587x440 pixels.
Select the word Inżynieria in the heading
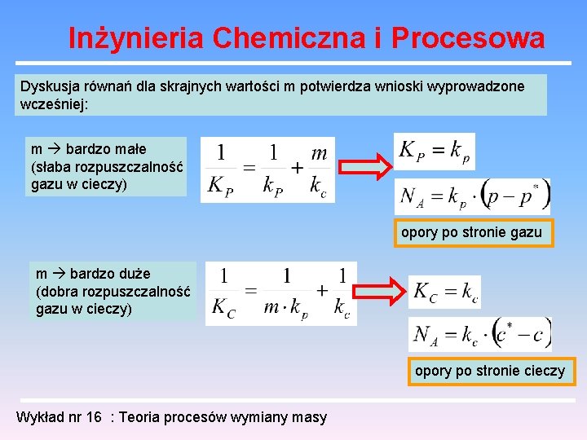135,37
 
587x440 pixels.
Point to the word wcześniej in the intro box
52,104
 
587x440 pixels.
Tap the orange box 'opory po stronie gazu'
471,232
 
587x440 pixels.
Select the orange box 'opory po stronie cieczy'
489,371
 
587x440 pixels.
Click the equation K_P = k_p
434,151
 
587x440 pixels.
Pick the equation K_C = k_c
445,293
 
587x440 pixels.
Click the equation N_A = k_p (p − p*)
472,196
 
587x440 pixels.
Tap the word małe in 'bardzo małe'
130,149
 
